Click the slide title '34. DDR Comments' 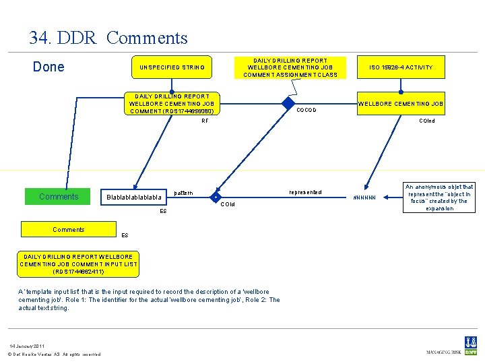[x=108, y=38]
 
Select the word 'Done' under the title [x=48, y=67]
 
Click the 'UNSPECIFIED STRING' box [x=172, y=67]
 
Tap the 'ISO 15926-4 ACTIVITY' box [x=400, y=67]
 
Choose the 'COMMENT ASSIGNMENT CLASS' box [x=290, y=67]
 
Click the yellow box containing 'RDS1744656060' [x=172, y=104]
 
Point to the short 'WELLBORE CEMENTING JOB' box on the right [x=400, y=104]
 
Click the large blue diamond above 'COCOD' [x=289, y=104]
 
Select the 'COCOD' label [x=306, y=110]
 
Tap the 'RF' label [x=205, y=122]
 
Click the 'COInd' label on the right [x=427, y=121]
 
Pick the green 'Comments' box [x=59, y=197]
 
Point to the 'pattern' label [x=183, y=193]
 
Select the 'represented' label [x=304, y=192]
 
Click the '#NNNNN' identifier [x=369, y=198]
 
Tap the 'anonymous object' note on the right [x=439, y=198]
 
